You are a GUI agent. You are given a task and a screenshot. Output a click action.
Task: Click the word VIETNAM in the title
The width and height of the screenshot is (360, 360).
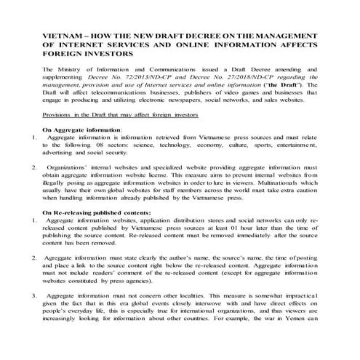[x=59, y=35]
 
